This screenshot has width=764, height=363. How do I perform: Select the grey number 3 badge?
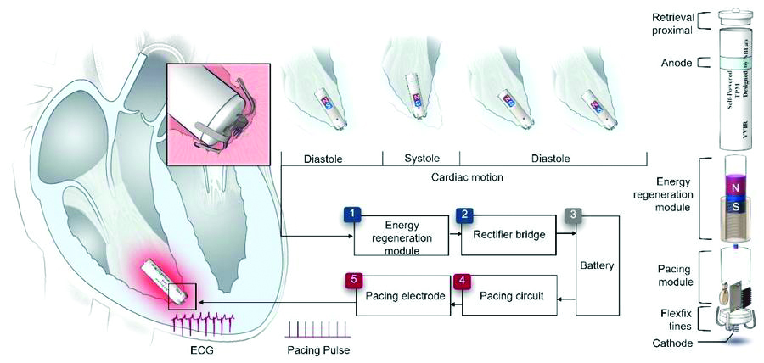pyautogui.click(x=575, y=215)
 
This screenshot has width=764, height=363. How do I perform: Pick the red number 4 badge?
pyautogui.click(x=461, y=279)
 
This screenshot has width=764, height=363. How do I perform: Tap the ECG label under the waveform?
pyautogui.click(x=201, y=347)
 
